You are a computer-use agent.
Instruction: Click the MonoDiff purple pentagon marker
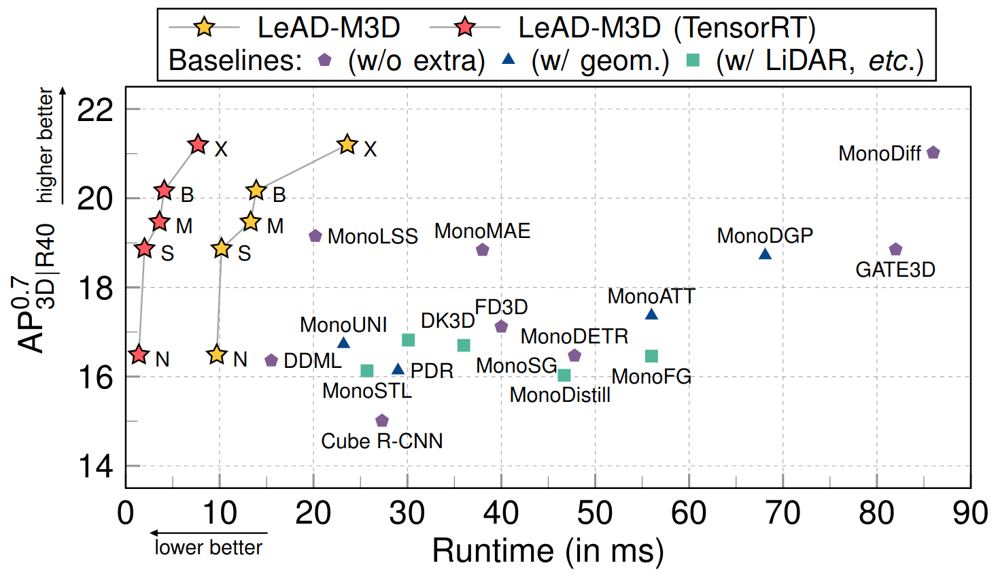933,152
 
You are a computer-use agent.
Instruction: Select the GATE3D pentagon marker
895,250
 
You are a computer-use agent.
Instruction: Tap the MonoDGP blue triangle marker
765,254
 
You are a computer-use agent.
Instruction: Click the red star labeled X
198,145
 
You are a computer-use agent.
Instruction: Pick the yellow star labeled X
347,145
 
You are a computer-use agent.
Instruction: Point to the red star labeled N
139,354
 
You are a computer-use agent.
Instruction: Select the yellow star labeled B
256,191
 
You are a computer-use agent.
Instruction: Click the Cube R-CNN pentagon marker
382,421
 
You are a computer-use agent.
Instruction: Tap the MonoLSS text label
372,237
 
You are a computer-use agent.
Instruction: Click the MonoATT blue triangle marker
651,314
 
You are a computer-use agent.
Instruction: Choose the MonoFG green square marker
651,356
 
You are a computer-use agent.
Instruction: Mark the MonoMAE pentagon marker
483,250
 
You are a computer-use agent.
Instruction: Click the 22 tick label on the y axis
95,109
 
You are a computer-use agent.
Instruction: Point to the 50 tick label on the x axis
595,513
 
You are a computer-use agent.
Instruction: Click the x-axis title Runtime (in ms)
548,551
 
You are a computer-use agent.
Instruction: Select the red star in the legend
465,28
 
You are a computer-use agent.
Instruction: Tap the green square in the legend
693,61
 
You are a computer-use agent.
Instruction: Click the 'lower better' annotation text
208,547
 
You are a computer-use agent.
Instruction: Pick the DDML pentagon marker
271,360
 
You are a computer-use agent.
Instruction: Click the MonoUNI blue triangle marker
343,343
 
